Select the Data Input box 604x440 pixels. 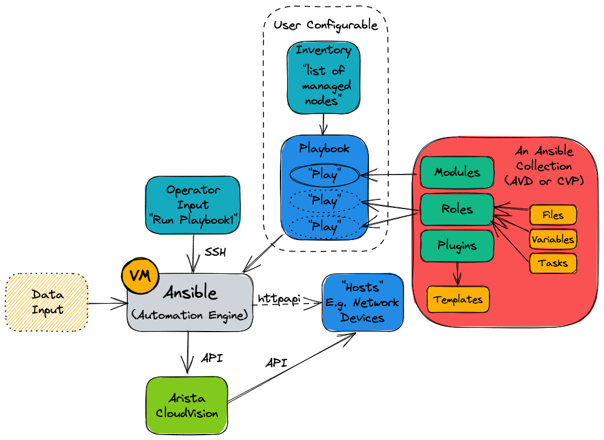[x=47, y=302]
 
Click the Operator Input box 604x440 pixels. [x=193, y=205]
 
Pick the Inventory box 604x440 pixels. [x=324, y=78]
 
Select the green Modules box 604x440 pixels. [x=457, y=172]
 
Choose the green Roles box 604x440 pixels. [x=457, y=210]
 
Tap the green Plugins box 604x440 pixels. [x=457, y=246]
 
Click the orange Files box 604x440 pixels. [x=553, y=215]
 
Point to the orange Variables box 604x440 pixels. [x=553, y=239]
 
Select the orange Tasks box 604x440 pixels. [x=553, y=263]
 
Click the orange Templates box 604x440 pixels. [x=458, y=299]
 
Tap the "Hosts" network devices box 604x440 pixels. [x=362, y=302]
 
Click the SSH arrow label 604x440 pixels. [x=215, y=252]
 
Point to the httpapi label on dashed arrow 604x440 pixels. [x=279, y=299]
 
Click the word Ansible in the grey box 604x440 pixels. [x=190, y=293]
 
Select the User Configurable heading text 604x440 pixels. [x=325, y=25]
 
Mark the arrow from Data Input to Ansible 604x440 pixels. [x=108, y=303]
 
